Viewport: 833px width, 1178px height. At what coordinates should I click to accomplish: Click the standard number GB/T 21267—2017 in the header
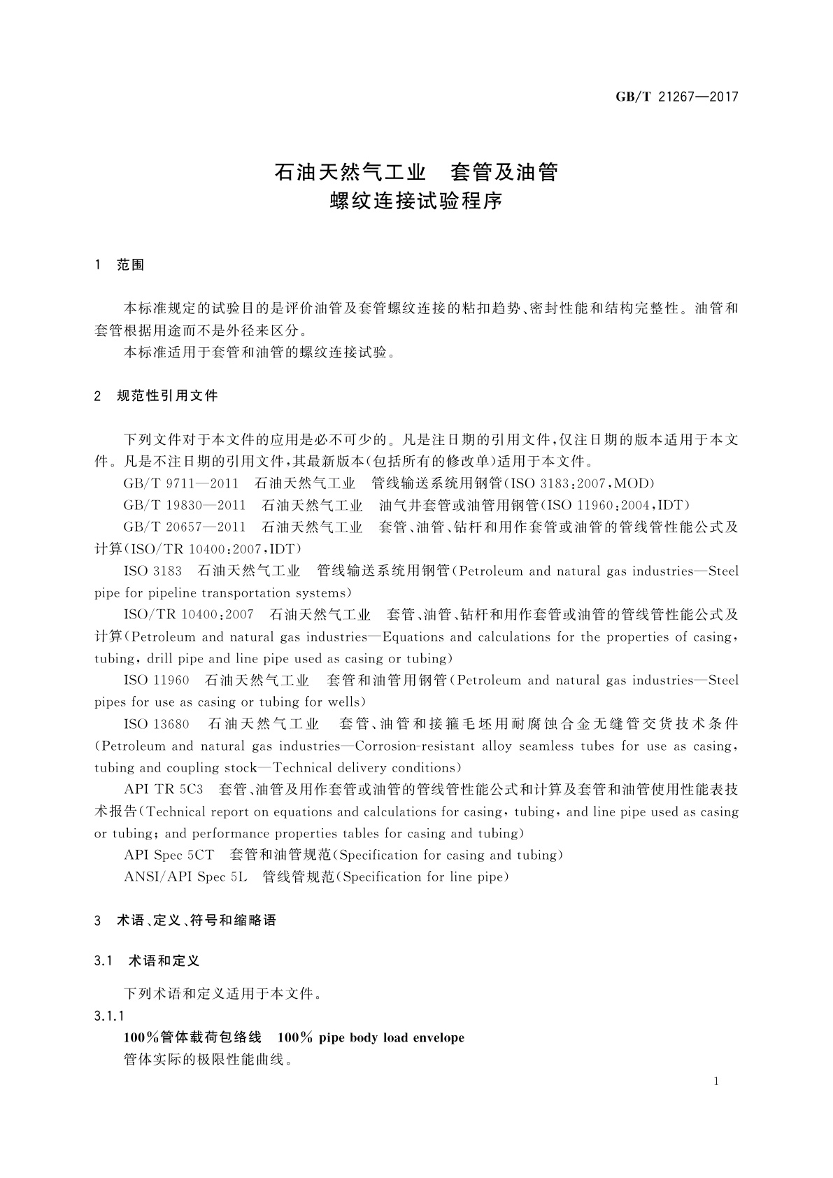(676, 97)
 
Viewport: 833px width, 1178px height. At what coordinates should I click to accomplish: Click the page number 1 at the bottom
(716, 1081)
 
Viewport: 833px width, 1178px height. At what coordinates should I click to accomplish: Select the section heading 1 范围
(120, 264)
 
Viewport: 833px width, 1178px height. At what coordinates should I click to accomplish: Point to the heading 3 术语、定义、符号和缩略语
(185, 921)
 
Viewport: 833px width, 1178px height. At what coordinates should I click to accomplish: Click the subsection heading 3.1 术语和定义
(147, 960)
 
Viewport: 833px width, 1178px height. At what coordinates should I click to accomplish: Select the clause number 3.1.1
(109, 1015)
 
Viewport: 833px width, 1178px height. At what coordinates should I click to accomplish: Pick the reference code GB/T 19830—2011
(184, 505)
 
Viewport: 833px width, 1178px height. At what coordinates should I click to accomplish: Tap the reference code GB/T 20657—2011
(184, 527)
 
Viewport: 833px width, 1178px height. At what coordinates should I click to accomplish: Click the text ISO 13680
(157, 723)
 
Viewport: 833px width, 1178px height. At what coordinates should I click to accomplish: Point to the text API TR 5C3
(163, 789)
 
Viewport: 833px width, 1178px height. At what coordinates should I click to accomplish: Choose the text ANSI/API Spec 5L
(185, 877)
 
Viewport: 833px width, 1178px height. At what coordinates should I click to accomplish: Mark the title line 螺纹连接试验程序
(416, 201)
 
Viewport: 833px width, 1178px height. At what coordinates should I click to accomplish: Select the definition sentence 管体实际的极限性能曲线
(207, 1059)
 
